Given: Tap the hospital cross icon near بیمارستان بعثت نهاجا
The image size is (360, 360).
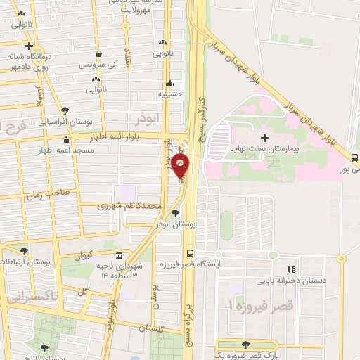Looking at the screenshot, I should (264, 138).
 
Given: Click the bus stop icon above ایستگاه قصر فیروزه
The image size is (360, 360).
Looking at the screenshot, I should (189, 253).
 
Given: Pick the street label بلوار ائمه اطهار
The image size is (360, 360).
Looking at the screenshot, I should (124, 136).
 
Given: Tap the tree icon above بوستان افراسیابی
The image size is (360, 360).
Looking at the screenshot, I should (65, 110).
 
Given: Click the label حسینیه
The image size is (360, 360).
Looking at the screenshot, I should (171, 93).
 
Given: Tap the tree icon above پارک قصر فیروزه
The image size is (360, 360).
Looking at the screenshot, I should (245, 345).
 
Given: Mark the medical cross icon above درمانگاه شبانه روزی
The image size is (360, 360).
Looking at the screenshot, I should (29, 46).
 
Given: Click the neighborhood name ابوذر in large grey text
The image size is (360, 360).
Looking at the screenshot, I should (151, 115).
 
